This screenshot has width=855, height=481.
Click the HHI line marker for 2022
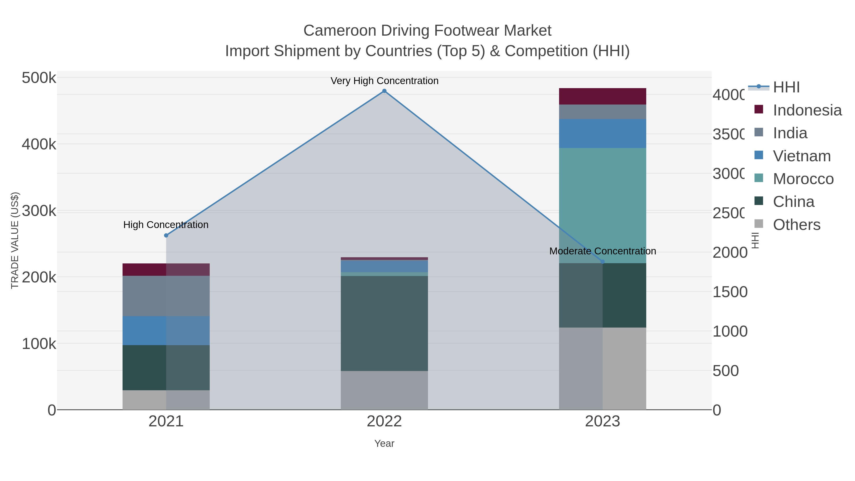click(384, 91)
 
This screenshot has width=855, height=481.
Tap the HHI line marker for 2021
click(166, 235)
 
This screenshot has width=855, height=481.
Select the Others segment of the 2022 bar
click(384, 390)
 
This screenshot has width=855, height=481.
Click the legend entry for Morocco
click(803, 179)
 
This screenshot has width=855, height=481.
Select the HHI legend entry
click(786, 87)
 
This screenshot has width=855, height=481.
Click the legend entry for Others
click(796, 225)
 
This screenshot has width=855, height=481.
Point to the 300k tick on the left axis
click(39, 211)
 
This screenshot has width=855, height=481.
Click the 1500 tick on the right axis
click(730, 292)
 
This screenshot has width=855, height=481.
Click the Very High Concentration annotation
click(384, 81)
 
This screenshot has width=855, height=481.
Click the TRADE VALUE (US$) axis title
click(14, 240)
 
